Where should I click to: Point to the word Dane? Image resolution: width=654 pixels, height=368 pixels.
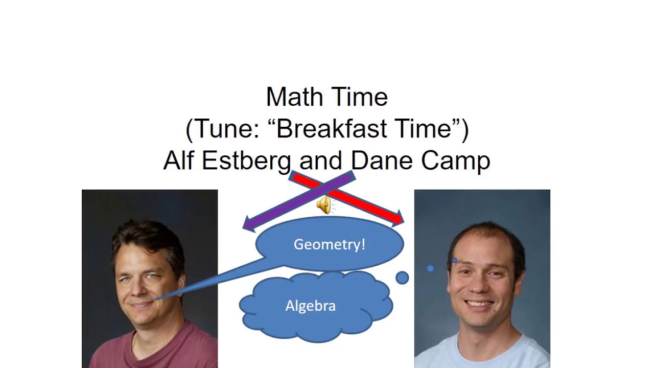[382, 160]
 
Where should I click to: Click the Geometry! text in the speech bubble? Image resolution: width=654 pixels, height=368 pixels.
[330, 244]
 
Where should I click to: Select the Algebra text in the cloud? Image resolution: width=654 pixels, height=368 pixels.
[310, 306]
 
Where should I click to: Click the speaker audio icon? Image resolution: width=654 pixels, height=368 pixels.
[324, 205]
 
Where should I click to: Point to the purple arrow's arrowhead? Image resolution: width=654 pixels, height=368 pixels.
[248, 224]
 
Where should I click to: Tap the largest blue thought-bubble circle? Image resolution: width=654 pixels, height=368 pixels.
[402, 278]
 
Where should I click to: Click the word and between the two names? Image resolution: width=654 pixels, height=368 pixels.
[320, 160]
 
